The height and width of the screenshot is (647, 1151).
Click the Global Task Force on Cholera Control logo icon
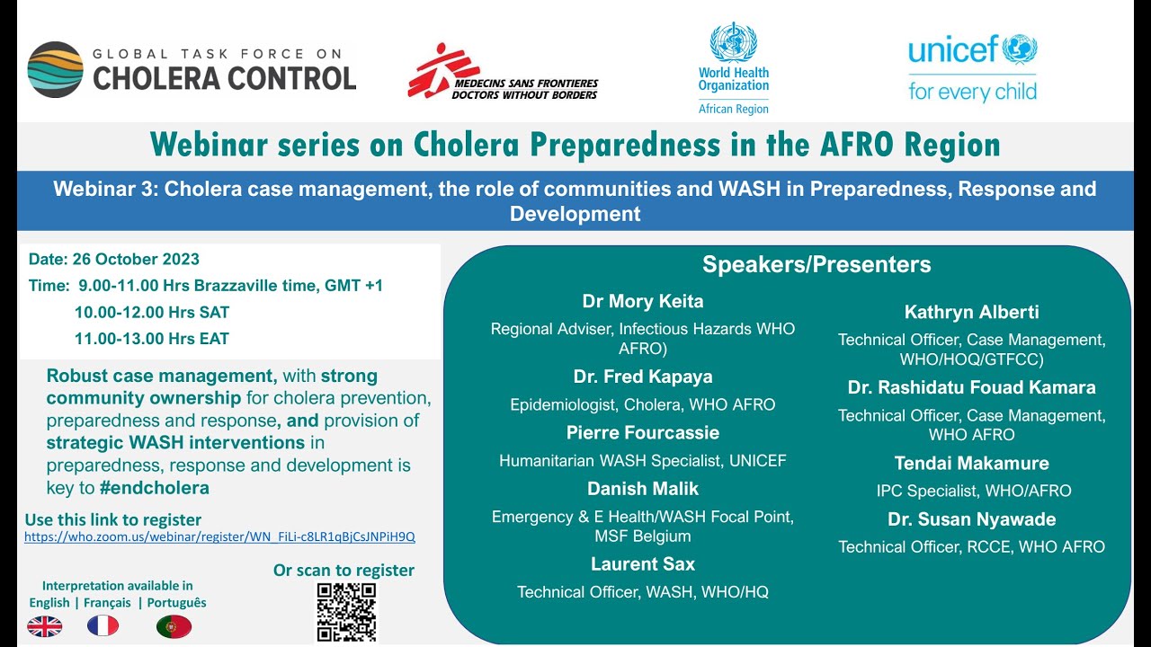[55, 69]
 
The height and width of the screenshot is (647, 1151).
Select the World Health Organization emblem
[733, 41]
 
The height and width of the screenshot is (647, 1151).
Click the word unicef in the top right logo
[953, 49]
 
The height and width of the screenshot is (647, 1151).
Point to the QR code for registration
[346, 612]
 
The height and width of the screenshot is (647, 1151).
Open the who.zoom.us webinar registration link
[219, 537]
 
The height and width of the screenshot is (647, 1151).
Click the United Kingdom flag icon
[45, 626]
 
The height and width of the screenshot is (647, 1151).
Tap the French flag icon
[103, 626]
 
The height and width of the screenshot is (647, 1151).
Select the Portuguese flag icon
[174, 626]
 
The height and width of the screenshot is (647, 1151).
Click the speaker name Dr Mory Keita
[642, 301]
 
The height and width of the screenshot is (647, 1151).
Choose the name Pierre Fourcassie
[642, 433]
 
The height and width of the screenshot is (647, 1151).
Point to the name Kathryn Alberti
[971, 312]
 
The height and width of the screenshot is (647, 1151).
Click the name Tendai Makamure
[971, 464]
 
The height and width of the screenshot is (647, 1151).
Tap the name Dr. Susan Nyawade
[971, 519]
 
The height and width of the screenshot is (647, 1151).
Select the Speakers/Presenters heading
[816, 265]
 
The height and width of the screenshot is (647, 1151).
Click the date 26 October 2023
[114, 260]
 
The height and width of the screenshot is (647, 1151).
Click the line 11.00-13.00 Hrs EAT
[151, 339]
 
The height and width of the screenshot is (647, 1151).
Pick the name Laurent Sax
[642, 564]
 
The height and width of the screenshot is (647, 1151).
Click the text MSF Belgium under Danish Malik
[642, 536]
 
